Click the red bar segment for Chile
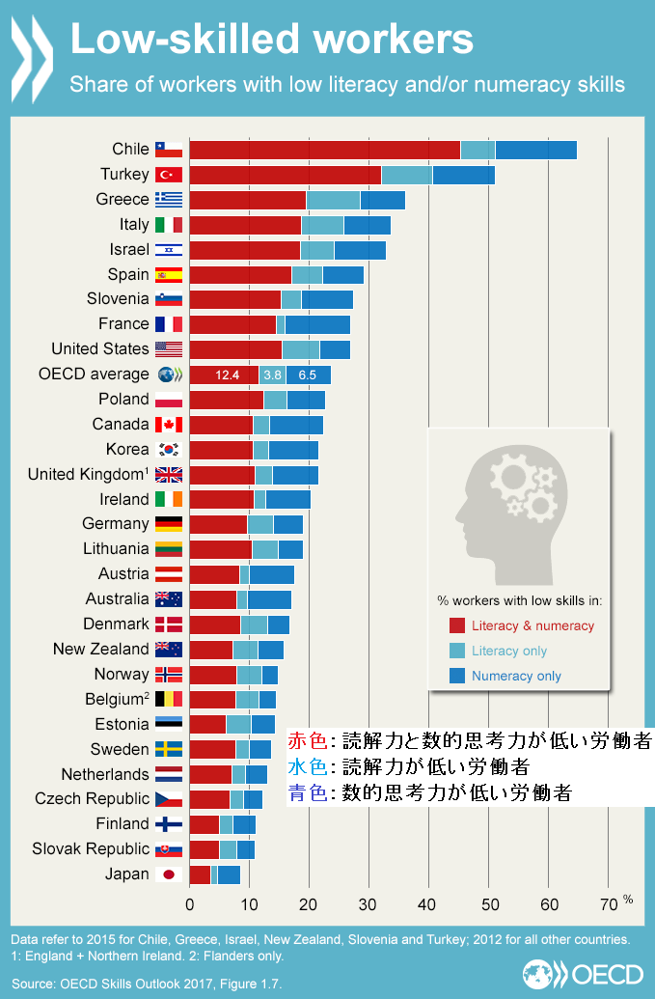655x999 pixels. tap(324, 150)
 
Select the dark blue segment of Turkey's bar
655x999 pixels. tap(463, 175)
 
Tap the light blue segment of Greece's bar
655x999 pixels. tap(333, 200)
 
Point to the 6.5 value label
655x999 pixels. tap(307, 375)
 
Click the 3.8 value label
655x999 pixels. tap(272, 375)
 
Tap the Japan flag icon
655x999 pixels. tap(168, 874)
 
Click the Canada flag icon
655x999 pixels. tap(168, 425)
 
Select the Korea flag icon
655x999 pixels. tap(168, 450)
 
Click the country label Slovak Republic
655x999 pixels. tap(91, 849)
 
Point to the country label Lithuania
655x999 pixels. tap(116, 549)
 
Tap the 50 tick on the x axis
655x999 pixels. tap(489, 904)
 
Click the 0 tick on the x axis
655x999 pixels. tap(190, 904)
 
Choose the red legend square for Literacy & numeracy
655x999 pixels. tap(457, 625)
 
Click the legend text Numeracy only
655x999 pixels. tap(516, 676)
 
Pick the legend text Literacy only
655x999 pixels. tap(509, 651)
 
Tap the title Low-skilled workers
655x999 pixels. tap(273, 40)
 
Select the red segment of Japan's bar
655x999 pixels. tap(200, 874)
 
